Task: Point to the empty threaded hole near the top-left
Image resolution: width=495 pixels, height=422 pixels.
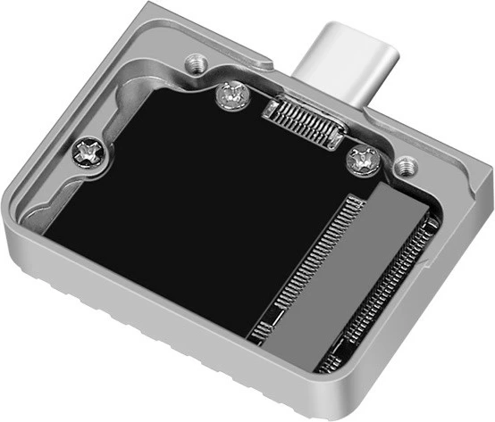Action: pos(192,63)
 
